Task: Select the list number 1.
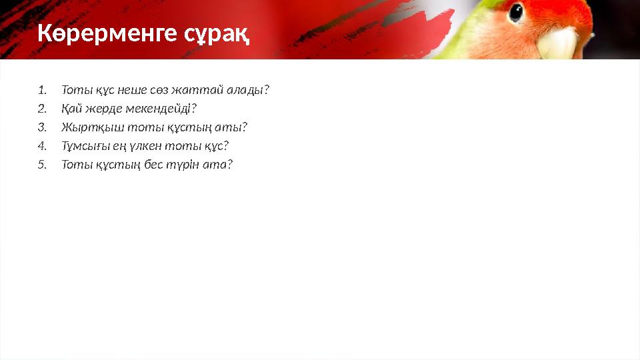point(42,90)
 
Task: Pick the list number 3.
point(42,127)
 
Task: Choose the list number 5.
point(42,165)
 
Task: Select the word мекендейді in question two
point(163,109)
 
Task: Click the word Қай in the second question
point(71,109)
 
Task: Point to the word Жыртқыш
point(83,127)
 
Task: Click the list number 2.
point(42,109)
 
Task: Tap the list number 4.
point(42,146)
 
